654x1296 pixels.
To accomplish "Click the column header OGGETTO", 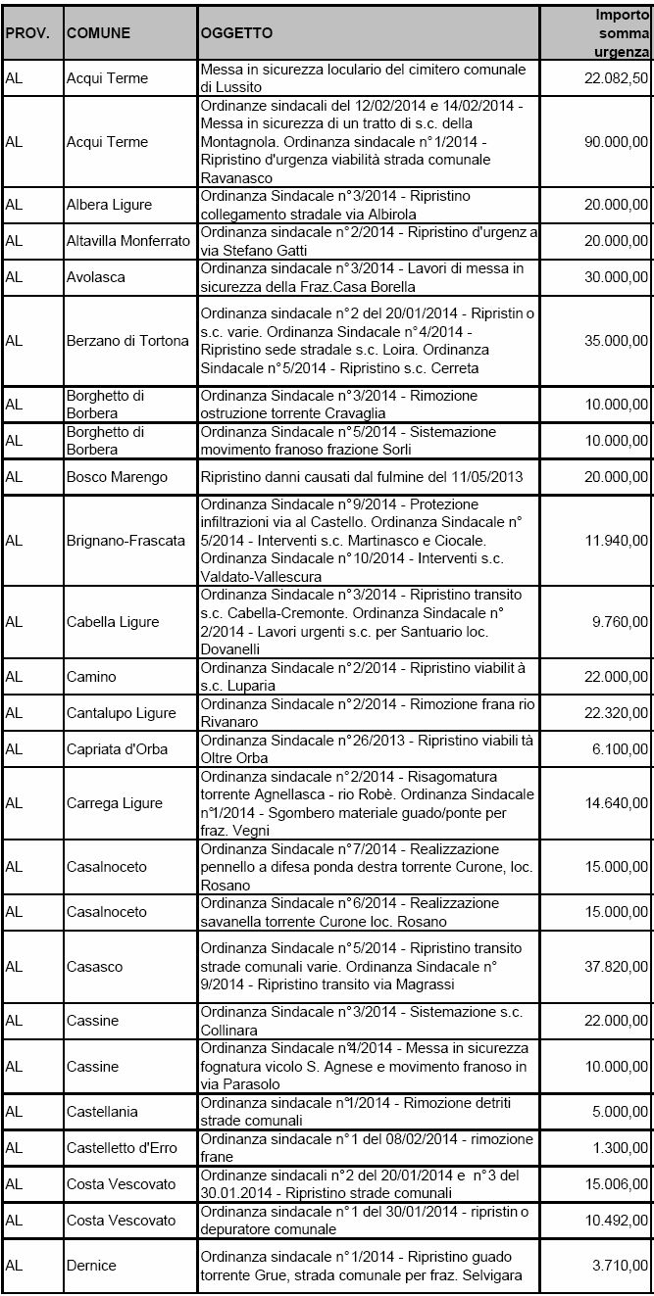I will click(236, 32).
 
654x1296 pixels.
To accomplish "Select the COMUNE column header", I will click(98, 32).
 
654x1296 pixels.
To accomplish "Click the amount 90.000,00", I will click(615, 142).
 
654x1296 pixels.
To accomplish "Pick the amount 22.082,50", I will click(615, 77).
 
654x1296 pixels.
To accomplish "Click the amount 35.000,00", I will click(615, 341).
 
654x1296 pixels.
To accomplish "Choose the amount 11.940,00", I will click(615, 540).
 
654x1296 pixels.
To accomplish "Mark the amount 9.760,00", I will click(619, 622).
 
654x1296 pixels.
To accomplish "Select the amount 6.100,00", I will click(619, 749).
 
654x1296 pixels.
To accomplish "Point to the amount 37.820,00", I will click(615, 967).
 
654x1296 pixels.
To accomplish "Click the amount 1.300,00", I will click(619, 1147).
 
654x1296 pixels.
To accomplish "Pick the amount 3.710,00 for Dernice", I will click(619, 1266).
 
